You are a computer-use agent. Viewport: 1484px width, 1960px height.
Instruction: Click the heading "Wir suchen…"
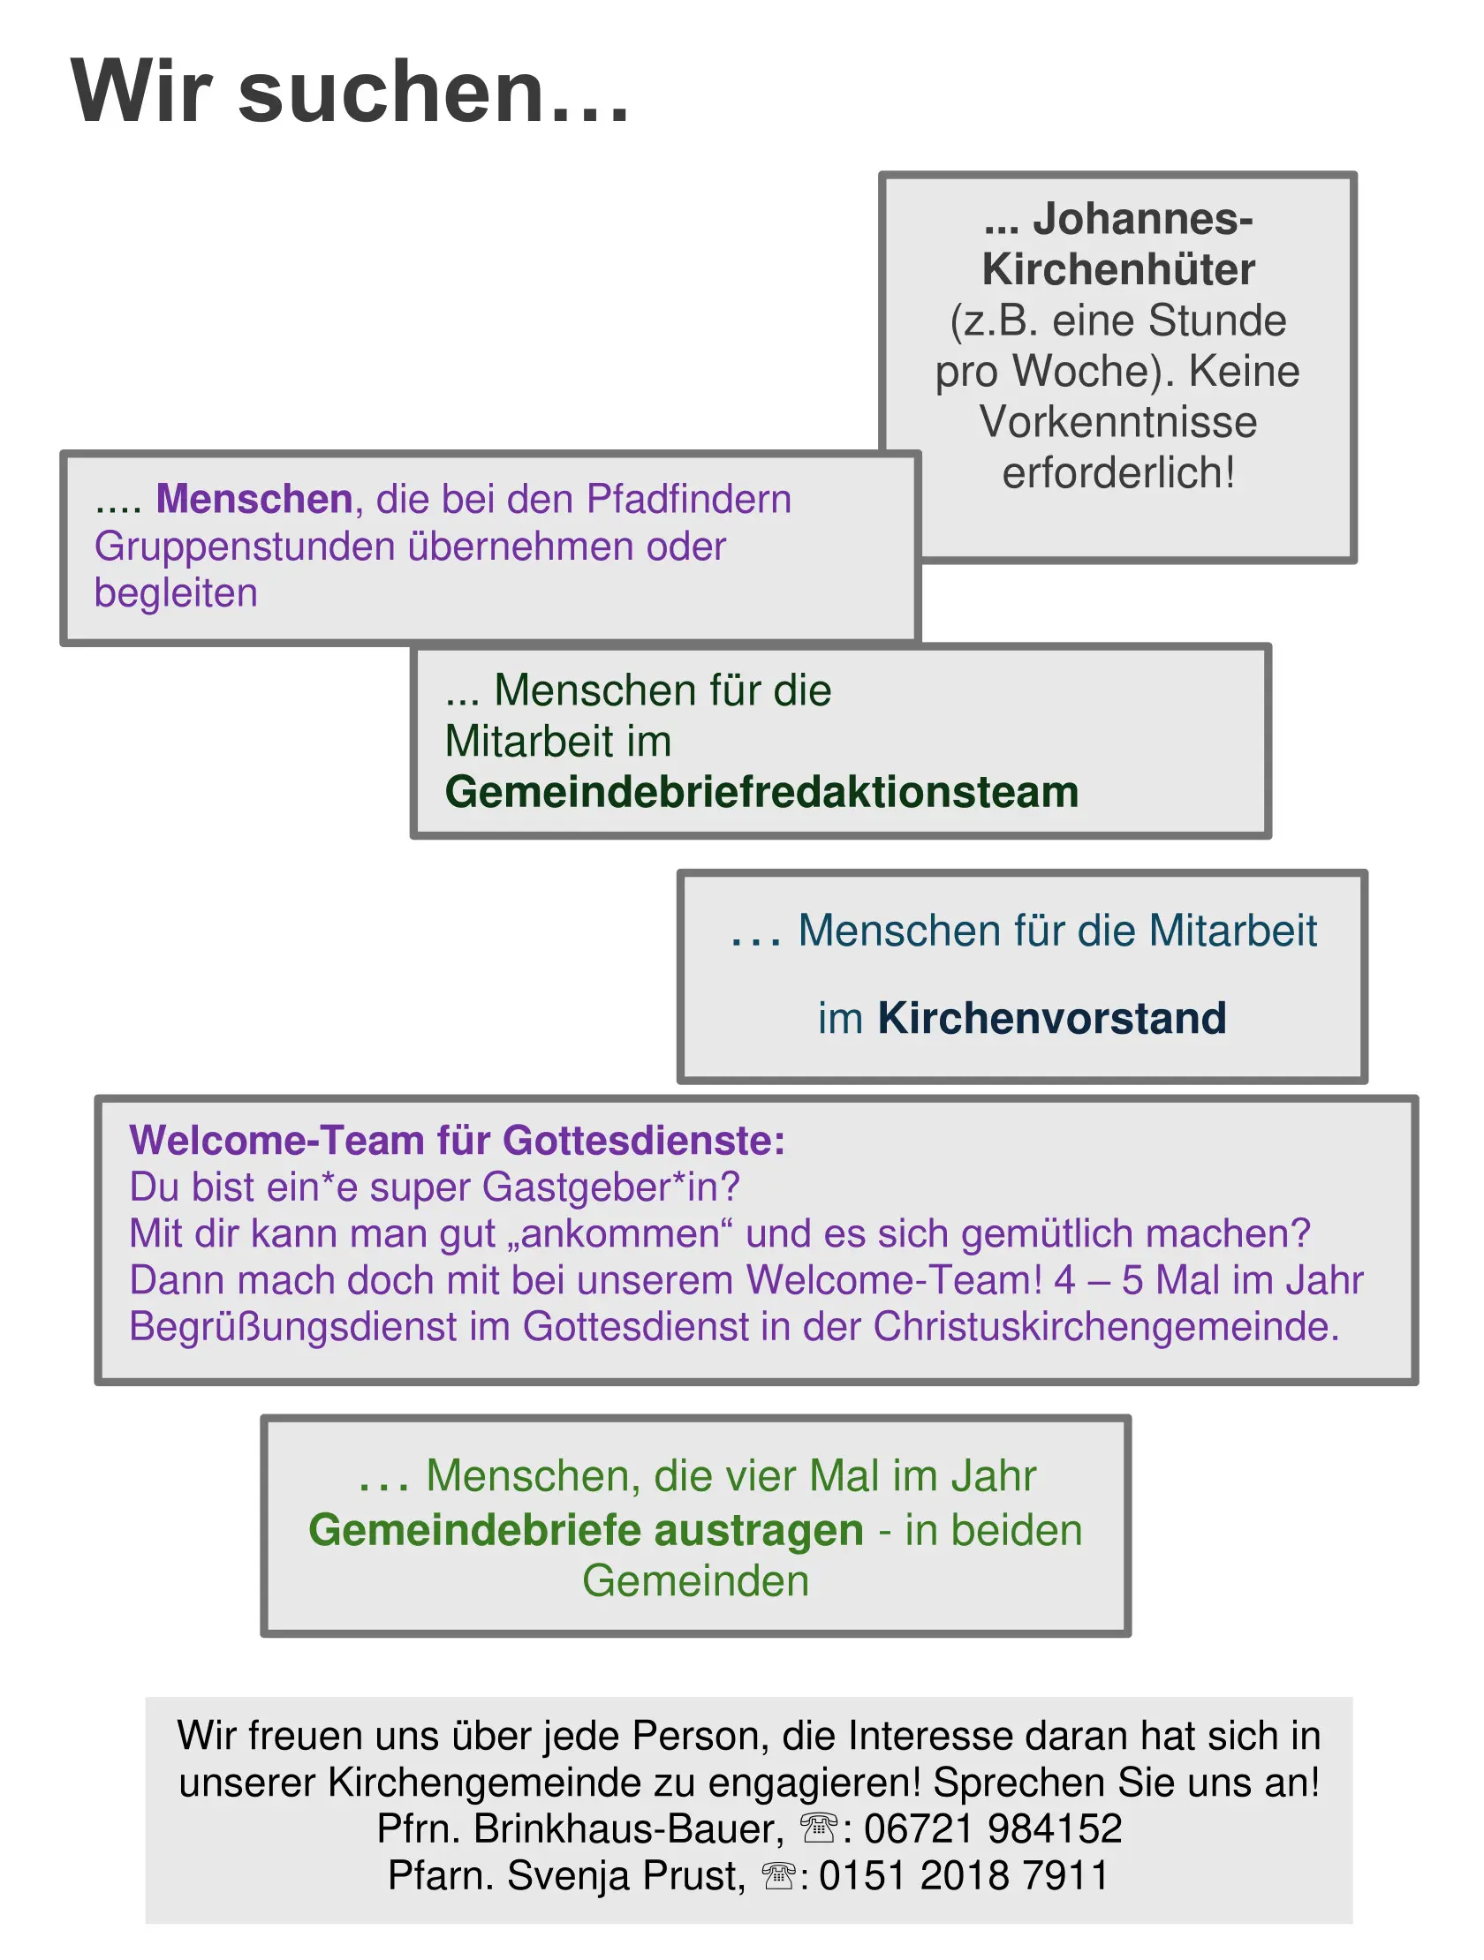click(350, 92)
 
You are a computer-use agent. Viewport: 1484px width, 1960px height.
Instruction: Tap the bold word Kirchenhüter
click(1118, 269)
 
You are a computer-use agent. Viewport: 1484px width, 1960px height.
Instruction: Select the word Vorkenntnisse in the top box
click(1118, 422)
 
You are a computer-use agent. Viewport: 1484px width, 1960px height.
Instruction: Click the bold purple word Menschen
click(254, 499)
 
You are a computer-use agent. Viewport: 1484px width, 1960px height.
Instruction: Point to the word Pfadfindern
click(689, 499)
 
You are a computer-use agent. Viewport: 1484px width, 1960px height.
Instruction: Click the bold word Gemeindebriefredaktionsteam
click(761, 792)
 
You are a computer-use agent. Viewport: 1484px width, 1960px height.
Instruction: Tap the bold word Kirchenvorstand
click(1051, 1018)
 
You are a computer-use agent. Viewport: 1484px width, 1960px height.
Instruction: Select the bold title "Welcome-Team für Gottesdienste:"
click(458, 1141)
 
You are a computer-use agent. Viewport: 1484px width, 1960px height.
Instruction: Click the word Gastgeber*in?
click(610, 1187)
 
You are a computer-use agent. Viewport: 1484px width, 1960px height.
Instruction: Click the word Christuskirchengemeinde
click(1106, 1327)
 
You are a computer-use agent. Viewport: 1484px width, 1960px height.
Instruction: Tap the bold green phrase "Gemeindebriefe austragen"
click(586, 1530)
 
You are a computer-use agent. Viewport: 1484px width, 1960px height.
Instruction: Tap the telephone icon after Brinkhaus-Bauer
click(818, 1827)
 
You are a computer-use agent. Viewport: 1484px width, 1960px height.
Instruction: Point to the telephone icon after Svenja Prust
click(778, 1874)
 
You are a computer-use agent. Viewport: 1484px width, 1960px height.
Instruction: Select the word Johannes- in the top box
click(1143, 219)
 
